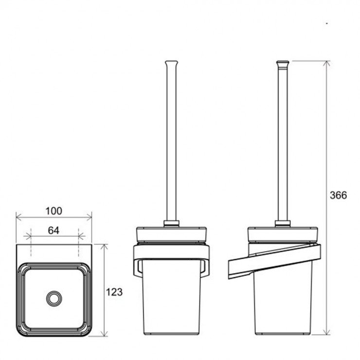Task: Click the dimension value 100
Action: (x=54, y=211)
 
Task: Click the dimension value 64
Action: (x=54, y=230)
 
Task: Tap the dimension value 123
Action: (x=114, y=292)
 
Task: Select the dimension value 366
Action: (x=339, y=195)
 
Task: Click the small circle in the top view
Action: (x=54, y=298)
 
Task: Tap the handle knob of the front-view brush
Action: (x=171, y=63)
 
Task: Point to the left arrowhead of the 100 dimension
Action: (x=18, y=216)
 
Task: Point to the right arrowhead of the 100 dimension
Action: (x=89, y=216)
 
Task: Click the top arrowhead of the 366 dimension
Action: (x=326, y=64)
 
